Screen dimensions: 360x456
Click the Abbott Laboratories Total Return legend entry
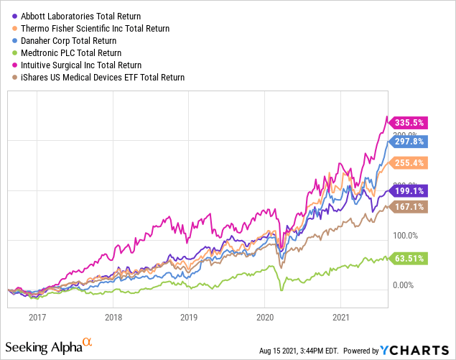(x=79, y=16)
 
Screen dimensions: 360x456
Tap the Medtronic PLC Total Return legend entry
(x=75, y=52)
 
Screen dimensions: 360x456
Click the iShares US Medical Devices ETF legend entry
(x=101, y=77)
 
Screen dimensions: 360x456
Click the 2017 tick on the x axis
(x=37, y=316)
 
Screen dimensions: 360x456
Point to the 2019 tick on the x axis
(x=189, y=316)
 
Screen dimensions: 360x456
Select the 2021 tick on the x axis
(x=341, y=316)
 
